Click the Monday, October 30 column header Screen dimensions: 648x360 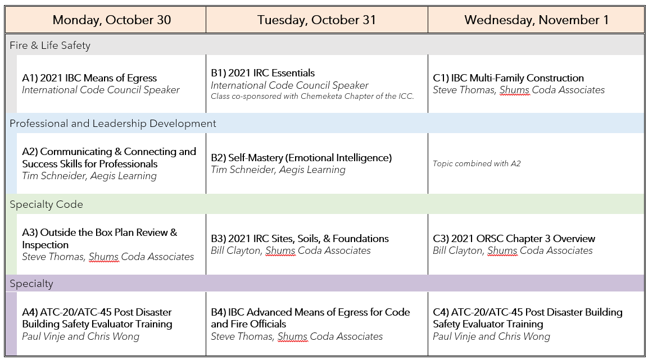(112, 20)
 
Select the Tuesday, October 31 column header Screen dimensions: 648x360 (316, 20)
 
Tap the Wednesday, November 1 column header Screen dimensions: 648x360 (536, 20)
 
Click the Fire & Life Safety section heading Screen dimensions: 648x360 (50, 45)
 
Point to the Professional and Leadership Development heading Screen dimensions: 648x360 (113, 124)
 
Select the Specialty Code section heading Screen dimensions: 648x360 (46, 204)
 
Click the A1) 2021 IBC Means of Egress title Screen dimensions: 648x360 (89, 78)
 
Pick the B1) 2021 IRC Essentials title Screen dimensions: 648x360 (263, 73)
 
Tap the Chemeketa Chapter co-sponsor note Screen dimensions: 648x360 (312, 97)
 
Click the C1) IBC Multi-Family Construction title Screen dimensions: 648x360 (508, 78)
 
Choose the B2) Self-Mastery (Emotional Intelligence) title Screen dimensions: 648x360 (301, 158)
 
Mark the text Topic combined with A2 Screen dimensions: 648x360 (477, 163)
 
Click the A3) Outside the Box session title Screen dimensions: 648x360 (99, 239)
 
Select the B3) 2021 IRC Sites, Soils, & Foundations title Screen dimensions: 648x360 (300, 239)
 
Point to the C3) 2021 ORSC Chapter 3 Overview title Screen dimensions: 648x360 (514, 239)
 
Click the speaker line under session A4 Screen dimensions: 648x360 (80, 336)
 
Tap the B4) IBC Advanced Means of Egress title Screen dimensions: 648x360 (310, 318)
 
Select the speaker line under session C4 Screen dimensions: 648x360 (491, 336)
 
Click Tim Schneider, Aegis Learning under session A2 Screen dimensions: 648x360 (89, 176)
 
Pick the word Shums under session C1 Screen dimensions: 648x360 (514, 90)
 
